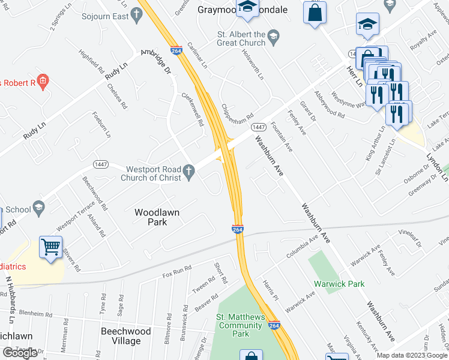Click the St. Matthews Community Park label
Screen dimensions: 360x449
point(240,325)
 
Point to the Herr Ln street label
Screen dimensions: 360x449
point(353,73)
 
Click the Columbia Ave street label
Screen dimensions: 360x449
point(301,247)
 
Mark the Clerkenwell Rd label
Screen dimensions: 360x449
point(193,109)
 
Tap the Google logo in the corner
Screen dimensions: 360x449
point(20,353)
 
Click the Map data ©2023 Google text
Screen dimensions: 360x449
point(411,355)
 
